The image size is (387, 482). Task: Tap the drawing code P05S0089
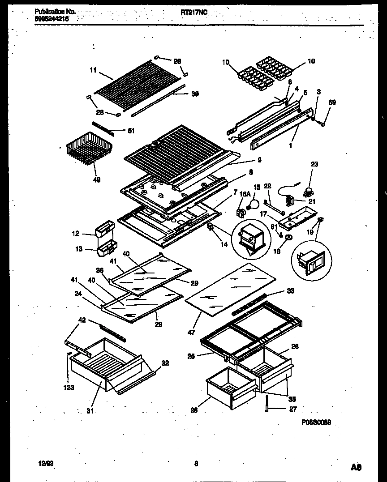[319, 422]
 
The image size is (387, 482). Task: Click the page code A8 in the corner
[356, 467]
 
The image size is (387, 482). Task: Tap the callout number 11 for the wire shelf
[93, 70]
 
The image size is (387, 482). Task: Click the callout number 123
[69, 388]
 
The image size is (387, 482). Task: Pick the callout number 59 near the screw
[332, 102]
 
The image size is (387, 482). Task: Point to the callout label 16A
[244, 194]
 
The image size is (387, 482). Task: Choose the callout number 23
[314, 164]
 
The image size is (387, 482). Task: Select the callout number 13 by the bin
[79, 249]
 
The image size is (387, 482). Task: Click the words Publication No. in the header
[55, 12]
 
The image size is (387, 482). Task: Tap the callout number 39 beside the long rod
[195, 94]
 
